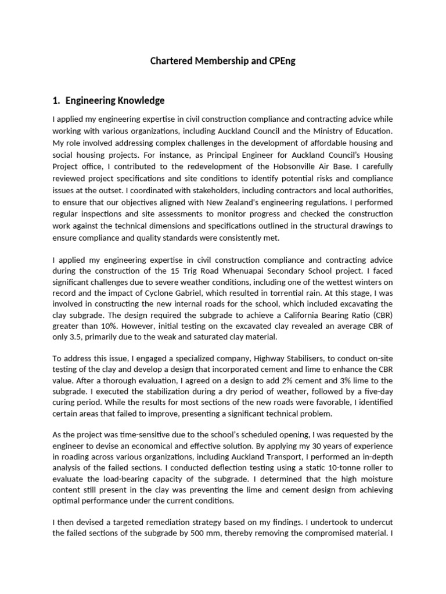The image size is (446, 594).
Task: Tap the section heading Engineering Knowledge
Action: tap(115, 100)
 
